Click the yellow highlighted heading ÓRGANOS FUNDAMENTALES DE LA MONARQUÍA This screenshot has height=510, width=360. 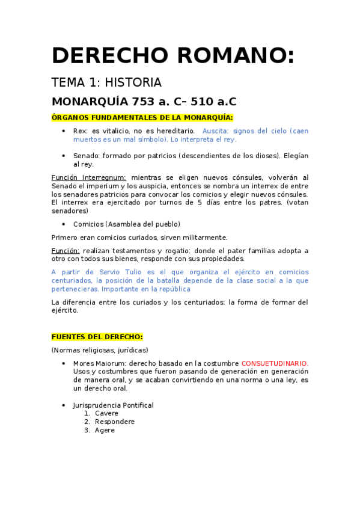tap(142, 117)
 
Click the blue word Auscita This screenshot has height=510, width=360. tap(215, 131)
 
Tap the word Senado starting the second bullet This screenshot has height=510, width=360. tap(86, 156)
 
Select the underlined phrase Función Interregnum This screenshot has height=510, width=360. tap(89, 177)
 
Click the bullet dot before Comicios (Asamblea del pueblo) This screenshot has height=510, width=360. tap(64, 224)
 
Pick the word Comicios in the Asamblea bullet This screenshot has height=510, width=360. tap(88, 224)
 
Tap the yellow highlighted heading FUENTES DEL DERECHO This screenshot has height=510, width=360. tap(97, 337)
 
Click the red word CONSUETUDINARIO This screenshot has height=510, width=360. tap(275, 363)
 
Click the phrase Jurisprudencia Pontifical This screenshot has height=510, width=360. tap(113, 405)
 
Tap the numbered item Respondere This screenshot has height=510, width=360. tap(114, 422)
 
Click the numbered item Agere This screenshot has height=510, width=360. tap(104, 430)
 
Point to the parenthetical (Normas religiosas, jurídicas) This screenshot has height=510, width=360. tap(100, 350)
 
